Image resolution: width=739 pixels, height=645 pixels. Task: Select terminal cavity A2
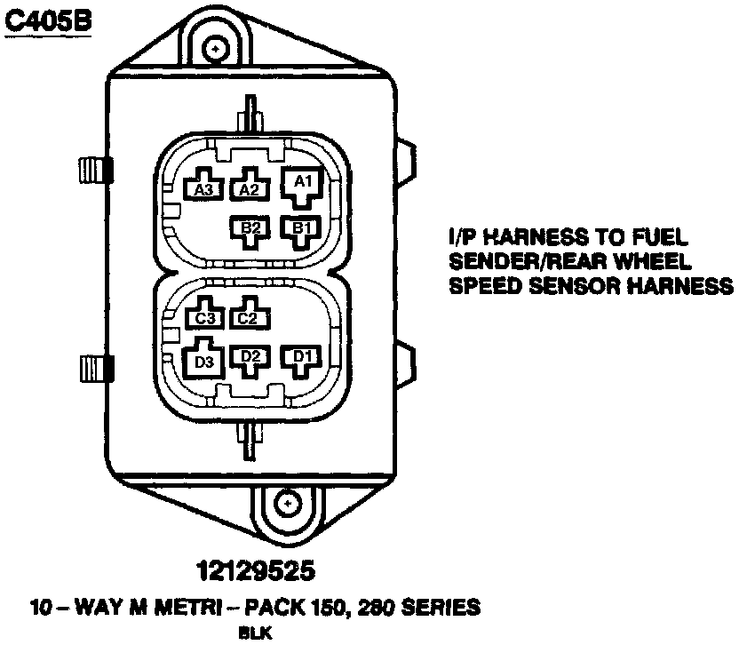pyautogui.click(x=250, y=187)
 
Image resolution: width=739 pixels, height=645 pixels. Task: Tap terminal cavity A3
pyautogui.click(x=203, y=187)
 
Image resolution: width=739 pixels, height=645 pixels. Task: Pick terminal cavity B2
pyautogui.click(x=250, y=227)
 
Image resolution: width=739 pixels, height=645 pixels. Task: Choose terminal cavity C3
pyautogui.click(x=205, y=316)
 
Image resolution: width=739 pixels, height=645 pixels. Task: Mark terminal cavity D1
pyautogui.click(x=301, y=357)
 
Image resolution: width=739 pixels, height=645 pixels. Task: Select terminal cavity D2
pyautogui.click(x=250, y=357)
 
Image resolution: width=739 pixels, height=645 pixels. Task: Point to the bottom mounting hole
pyautogui.click(x=289, y=504)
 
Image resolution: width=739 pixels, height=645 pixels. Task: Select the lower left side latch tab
pyautogui.click(x=92, y=365)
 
